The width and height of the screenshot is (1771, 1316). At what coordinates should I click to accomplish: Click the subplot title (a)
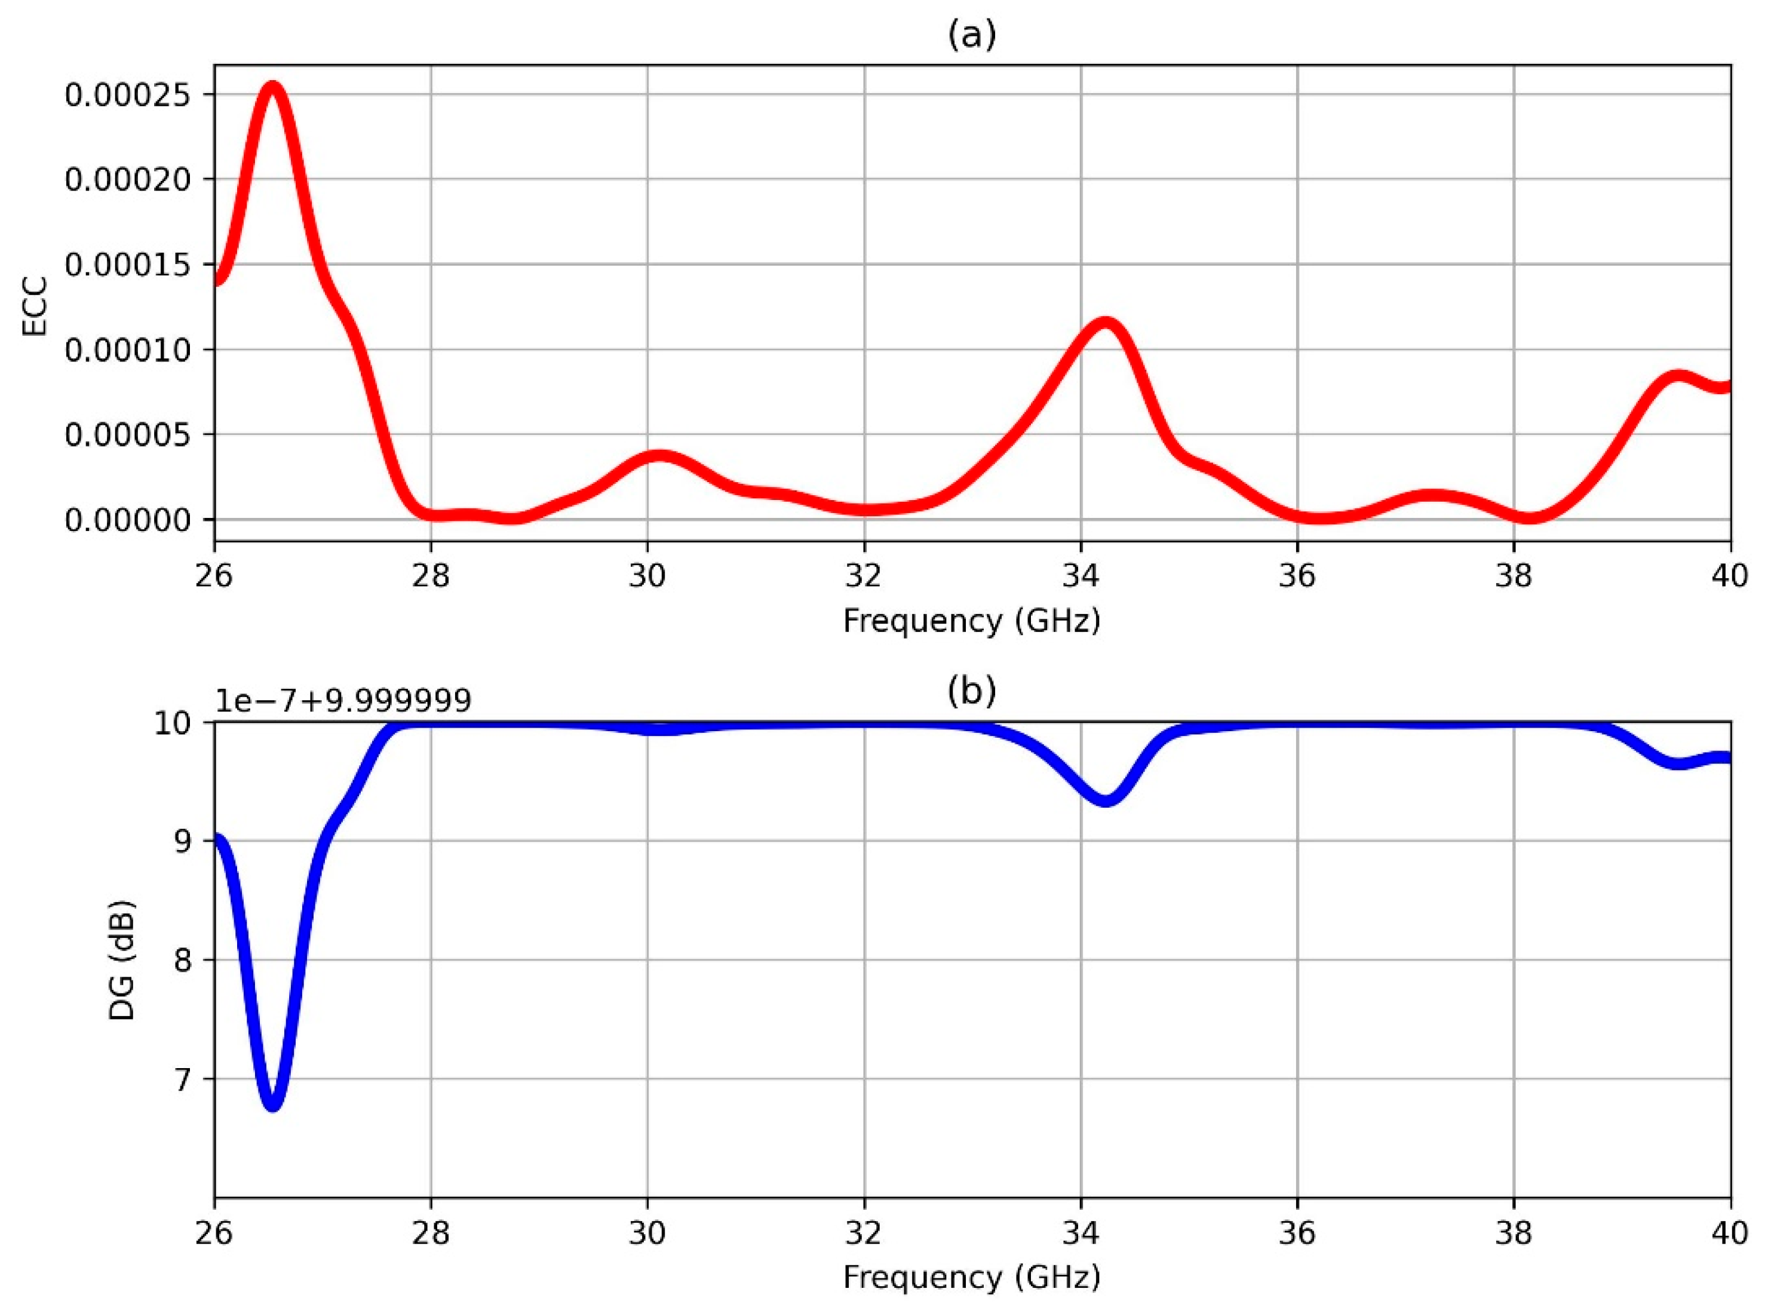tap(971, 35)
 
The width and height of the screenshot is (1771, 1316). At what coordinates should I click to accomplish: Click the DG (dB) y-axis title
tap(122, 961)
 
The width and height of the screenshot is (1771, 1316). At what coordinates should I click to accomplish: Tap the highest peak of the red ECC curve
tap(272, 86)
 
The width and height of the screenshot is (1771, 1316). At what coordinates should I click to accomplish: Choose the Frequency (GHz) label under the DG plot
tap(971, 1277)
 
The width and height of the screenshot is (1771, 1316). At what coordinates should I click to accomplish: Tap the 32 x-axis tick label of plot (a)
tap(864, 575)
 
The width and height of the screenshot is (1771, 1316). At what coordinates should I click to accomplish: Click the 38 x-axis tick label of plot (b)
tap(1514, 1233)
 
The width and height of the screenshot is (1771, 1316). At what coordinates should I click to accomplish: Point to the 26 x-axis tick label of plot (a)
tap(214, 575)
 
